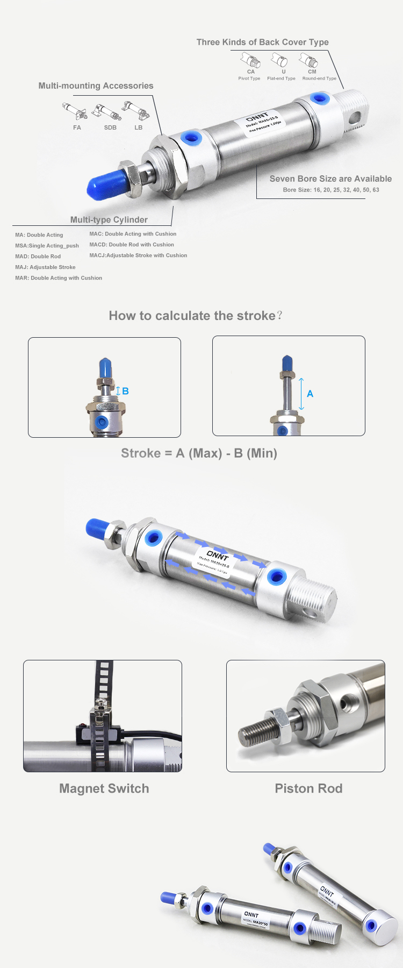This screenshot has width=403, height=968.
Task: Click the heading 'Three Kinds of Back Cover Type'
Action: click(x=262, y=42)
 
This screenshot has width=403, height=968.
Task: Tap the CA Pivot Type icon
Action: click(x=250, y=60)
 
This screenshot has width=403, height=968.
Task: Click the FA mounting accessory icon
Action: click(x=75, y=112)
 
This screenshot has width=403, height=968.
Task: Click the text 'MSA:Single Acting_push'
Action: click(x=47, y=246)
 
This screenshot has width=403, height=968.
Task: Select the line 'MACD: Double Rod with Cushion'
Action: click(x=132, y=245)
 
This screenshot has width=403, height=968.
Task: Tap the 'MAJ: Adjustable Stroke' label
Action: click(x=45, y=267)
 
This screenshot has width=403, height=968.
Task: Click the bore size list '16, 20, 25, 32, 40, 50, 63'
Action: click(x=346, y=190)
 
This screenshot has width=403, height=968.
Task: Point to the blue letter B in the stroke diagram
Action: click(x=125, y=391)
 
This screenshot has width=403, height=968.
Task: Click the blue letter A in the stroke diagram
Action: click(x=310, y=394)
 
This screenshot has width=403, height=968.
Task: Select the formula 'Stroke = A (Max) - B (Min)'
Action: click(x=199, y=453)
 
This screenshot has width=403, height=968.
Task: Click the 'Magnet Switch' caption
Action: click(x=104, y=788)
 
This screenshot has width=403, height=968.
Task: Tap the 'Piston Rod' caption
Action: click(x=308, y=788)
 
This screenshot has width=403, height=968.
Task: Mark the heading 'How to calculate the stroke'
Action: click(x=196, y=316)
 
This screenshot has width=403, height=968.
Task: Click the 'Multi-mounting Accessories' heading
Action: click(x=96, y=86)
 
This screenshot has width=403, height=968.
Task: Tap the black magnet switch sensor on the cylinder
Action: click(x=84, y=733)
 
